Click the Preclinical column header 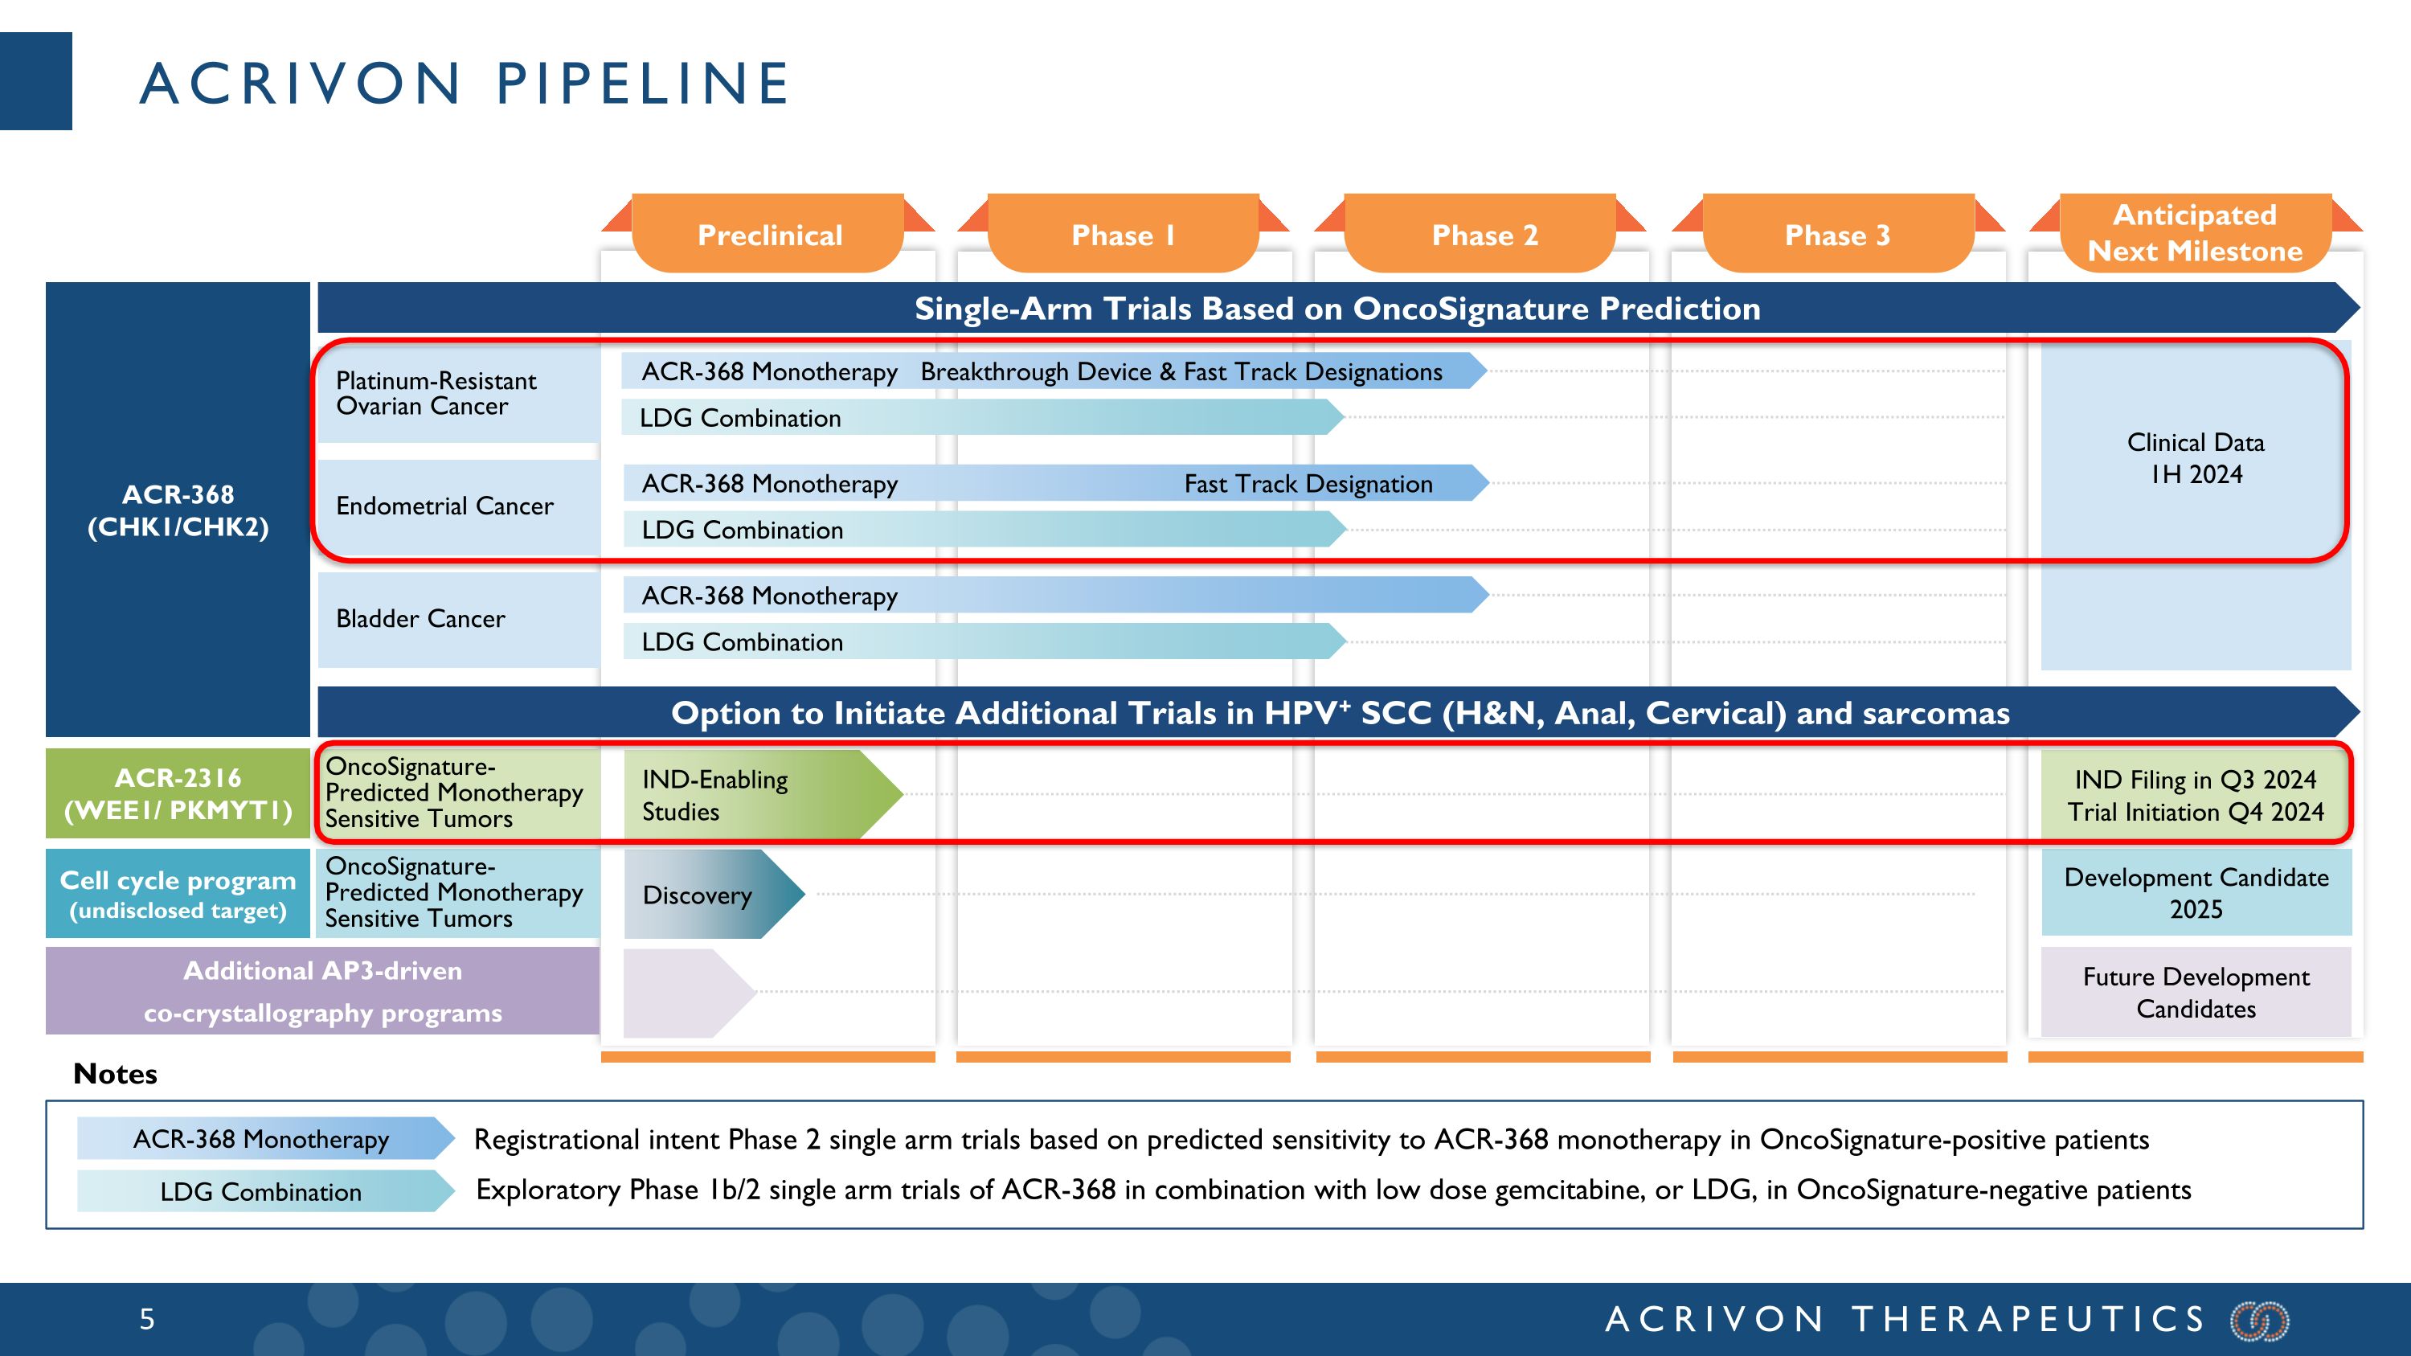point(768,234)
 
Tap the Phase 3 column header point(1837,234)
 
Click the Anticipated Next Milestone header point(2195,233)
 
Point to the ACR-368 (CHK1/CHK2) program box point(178,510)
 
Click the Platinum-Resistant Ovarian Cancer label point(436,393)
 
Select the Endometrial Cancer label point(444,506)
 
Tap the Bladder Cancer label point(420,619)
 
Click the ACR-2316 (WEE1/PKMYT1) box point(178,793)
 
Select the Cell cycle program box point(178,894)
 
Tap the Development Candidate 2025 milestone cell point(2196,893)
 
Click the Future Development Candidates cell point(2196,992)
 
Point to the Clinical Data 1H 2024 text point(2196,457)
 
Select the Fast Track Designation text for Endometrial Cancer point(1308,484)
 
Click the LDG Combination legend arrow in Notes point(262,1191)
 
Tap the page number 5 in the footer point(147,1320)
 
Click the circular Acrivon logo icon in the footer point(2258,1321)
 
